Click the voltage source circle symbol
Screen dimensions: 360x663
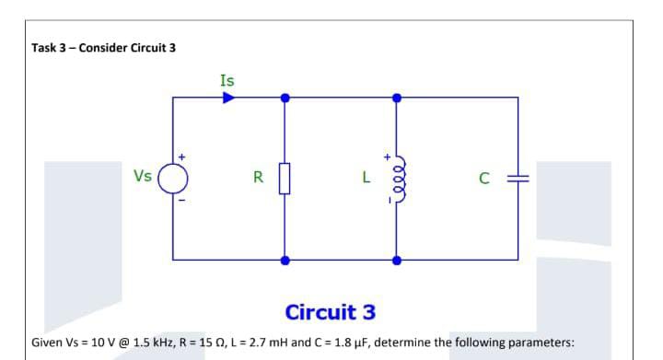(x=175, y=176)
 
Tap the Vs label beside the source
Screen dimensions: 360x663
(x=143, y=175)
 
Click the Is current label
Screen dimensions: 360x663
(x=227, y=80)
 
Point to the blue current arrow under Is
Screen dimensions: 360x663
(x=227, y=96)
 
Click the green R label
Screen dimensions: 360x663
(x=259, y=176)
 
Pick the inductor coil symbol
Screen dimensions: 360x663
(x=397, y=176)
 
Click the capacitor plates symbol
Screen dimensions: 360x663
(x=516, y=176)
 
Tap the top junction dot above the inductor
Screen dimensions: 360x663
(x=397, y=96)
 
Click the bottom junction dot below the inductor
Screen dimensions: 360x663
(x=397, y=261)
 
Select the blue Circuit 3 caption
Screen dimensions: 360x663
(x=331, y=311)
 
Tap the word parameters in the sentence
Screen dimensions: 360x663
(x=541, y=343)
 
